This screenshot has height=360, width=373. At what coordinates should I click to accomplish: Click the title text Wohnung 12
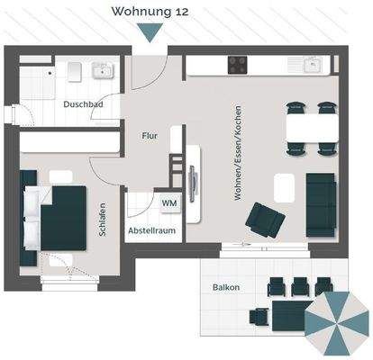pos(150,12)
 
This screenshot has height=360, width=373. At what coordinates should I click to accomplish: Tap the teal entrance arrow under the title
pos(150,32)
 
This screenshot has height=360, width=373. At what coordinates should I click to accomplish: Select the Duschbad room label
pos(82,103)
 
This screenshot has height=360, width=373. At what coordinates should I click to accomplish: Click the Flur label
pos(150,136)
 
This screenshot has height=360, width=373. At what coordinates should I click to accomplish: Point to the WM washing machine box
pos(168,203)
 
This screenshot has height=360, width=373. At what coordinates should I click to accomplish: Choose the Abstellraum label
pos(151,230)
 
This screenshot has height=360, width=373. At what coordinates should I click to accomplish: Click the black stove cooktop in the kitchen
pos(240,64)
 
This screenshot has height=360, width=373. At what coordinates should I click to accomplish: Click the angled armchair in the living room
pos(264,219)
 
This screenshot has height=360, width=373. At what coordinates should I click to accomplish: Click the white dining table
pos(312,129)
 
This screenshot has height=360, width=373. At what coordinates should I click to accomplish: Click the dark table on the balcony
pos(289,314)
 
